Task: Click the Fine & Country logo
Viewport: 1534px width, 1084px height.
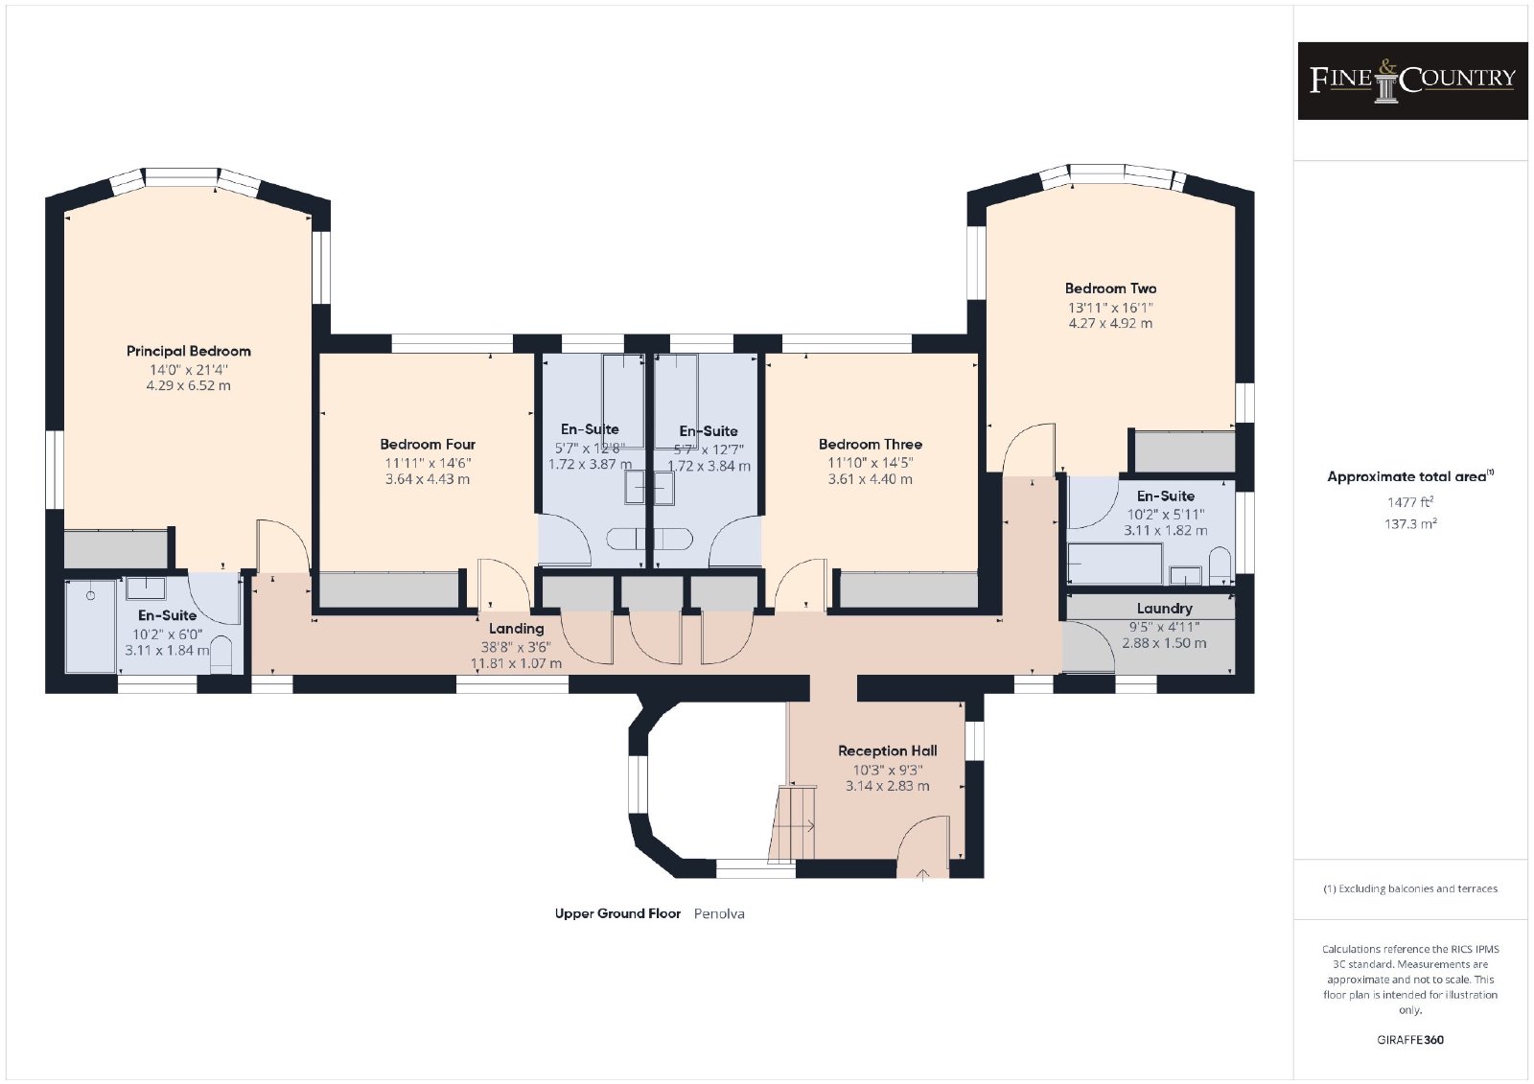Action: pos(1412,81)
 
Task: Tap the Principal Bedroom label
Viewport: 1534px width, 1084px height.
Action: pos(188,352)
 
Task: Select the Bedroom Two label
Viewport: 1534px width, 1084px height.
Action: pos(1110,289)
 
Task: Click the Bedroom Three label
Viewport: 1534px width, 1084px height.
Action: pos(870,445)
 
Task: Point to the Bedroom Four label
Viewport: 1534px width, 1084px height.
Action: pos(428,445)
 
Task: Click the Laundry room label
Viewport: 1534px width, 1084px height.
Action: pos(1164,608)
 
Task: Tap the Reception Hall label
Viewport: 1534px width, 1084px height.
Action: pos(887,750)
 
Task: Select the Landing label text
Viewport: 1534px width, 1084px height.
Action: pos(517,628)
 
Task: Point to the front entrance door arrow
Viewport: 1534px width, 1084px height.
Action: pos(922,874)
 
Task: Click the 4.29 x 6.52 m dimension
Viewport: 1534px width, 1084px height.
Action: pos(188,385)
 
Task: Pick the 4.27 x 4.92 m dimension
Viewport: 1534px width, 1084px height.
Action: pos(1110,323)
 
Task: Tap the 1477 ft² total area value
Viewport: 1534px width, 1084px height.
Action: pos(1410,502)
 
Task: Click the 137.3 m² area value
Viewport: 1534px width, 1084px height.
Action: pos(1410,524)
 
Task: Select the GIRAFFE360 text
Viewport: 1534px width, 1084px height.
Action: pos(1410,1040)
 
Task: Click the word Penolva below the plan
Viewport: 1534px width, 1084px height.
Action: pos(719,913)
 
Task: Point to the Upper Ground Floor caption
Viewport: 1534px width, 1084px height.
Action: pos(617,913)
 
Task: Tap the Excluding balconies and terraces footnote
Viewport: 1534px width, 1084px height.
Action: pos(1410,888)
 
